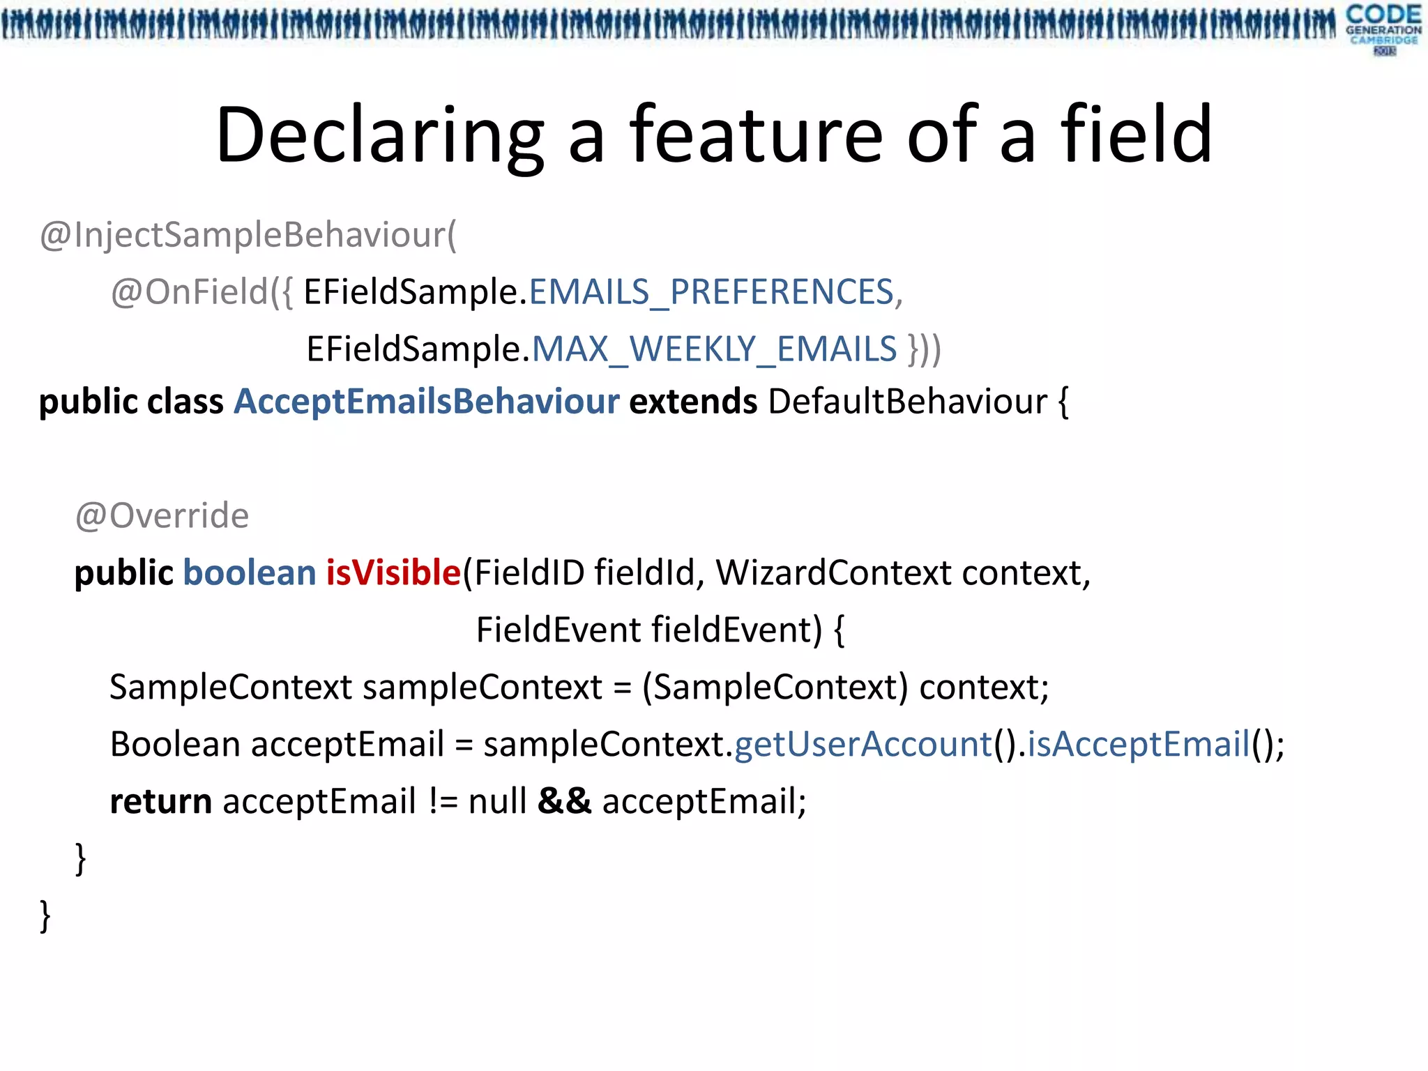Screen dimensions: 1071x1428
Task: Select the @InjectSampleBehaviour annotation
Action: (x=248, y=235)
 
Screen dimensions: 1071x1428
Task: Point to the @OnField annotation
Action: (x=190, y=292)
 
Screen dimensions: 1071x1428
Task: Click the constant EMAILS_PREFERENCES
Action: (x=711, y=292)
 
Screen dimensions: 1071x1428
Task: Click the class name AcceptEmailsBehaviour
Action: (x=427, y=402)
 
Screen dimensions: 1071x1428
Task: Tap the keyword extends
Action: (x=693, y=402)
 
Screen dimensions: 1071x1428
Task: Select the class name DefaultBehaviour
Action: (x=907, y=402)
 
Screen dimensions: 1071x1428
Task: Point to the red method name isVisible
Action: (x=393, y=573)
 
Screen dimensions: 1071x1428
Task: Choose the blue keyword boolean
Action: (x=250, y=573)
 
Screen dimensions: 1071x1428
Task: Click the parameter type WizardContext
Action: (x=833, y=573)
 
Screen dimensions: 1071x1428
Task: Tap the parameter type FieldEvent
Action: (x=558, y=630)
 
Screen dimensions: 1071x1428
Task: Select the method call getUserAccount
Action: (x=863, y=745)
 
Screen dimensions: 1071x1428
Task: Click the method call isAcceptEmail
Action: (x=1139, y=745)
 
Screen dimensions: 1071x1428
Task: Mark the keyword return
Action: (x=161, y=802)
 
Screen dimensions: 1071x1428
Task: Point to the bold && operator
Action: (x=564, y=802)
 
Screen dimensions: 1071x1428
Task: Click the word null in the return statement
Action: (x=497, y=802)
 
